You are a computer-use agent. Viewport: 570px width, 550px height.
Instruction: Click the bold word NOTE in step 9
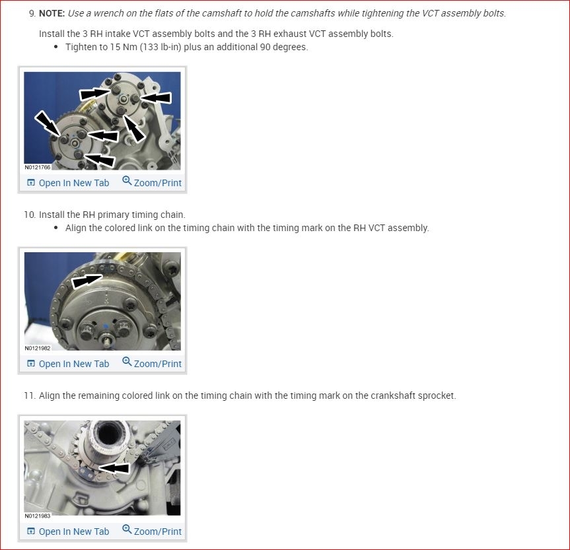(x=52, y=13)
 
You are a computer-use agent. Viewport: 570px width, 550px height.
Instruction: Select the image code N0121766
(x=38, y=167)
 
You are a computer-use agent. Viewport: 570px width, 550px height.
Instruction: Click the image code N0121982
(x=38, y=348)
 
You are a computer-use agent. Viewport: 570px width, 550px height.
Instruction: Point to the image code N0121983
(x=38, y=516)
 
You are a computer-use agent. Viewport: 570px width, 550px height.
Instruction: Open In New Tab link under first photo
(x=68, y=183)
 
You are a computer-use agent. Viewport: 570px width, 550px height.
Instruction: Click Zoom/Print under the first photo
(x=152, y=182)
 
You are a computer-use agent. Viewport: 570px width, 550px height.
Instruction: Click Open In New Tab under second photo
(x=68, y=364)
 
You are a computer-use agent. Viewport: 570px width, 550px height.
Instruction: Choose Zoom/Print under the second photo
(x=152, y=363)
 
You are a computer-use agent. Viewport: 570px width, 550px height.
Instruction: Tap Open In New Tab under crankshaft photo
(x=68, y=532)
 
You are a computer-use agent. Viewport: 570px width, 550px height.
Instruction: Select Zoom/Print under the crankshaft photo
(x=152, y=531)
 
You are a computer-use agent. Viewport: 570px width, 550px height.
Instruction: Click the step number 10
(x=30, y=215)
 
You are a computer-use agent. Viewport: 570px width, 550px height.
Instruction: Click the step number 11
(x=30, y=395)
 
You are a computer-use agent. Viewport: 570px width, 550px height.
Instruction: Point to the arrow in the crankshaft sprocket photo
(x=114, y=468)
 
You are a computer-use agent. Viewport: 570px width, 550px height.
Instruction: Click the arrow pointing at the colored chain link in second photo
(x=87, y=281)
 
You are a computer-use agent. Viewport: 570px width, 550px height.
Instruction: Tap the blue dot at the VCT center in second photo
(x=106, y=326)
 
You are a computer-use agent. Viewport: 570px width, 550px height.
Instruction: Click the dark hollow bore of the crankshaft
(x=107, y=432)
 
